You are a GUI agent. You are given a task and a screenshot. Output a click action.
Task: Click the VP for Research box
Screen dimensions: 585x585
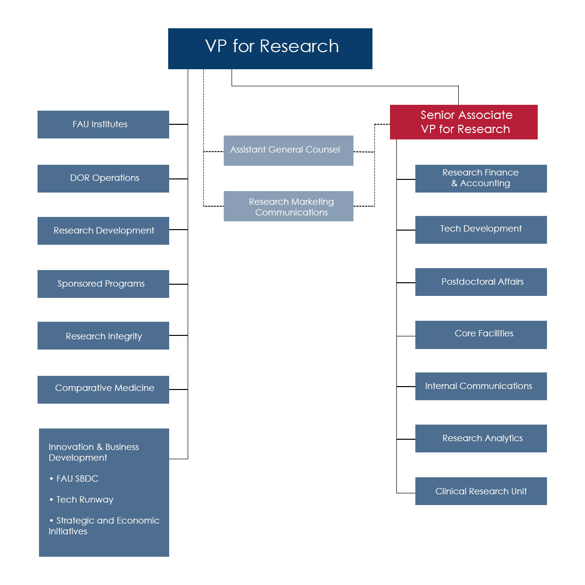270,48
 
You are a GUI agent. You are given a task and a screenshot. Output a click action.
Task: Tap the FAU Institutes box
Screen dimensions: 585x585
103,124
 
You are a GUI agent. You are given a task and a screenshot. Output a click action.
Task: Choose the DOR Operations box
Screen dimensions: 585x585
103,178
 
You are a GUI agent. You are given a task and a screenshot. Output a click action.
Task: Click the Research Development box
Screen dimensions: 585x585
103,231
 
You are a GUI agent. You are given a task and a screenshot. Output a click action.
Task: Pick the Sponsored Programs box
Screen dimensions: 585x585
103,284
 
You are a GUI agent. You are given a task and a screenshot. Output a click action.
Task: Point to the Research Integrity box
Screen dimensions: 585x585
103,335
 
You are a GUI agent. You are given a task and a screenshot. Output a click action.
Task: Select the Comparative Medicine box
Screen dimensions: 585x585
103,390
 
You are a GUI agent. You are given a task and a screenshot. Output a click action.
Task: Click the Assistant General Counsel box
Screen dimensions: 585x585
288,150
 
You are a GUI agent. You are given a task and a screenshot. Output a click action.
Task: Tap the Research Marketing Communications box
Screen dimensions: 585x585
288,206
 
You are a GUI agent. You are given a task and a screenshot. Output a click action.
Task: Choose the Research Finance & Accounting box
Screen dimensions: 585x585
481,178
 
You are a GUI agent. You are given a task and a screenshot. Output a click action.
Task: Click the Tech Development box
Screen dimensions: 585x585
481,230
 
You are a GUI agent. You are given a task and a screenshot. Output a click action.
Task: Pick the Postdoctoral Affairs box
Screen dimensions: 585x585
481,282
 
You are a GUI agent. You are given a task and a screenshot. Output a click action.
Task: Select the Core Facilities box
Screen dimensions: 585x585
481,334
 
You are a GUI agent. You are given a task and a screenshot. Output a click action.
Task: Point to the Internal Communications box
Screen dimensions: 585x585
481,386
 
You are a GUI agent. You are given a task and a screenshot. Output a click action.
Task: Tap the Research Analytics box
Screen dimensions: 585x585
481,438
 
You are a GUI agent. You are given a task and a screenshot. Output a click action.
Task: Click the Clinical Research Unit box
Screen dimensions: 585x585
481,491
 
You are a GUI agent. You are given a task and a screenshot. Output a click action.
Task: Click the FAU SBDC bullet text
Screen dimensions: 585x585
77,479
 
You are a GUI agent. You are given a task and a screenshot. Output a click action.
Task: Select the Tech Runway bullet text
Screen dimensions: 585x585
84,500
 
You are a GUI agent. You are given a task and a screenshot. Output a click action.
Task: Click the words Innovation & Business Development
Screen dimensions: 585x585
93,452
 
